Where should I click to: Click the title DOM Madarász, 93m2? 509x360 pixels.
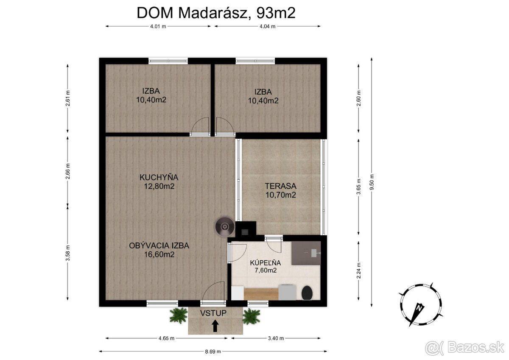pyautogui.click(x=216, y=13)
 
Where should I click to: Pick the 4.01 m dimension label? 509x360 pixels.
pyautogui.click(x=158, y=26)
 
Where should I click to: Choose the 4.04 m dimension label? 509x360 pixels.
pyautogui.click(x=268, y=26)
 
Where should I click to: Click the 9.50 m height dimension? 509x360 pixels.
pyautogui.click(x=372, y=182)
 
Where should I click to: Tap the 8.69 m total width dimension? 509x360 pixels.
pyautogui.click(x=213, y=352)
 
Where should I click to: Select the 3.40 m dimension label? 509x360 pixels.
pyautogui.click(x=276, y=338)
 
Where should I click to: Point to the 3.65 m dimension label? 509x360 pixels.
pyautogui.click(x=358, y=187)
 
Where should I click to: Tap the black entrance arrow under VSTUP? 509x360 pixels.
pyautogui.click(x=215, y=326)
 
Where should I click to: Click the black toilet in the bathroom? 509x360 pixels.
pyautogui.click(x=307, y=293)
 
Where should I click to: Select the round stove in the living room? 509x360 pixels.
pyautogui.click(x=225, y=227)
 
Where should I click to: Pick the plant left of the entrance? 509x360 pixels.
pyautogui.click(x=179, y=315)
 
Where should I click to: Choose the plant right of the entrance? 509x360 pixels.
pyautogui.click(x=251, y=316)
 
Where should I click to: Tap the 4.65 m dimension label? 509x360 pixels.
pyautogui.click(x=166, y=338)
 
